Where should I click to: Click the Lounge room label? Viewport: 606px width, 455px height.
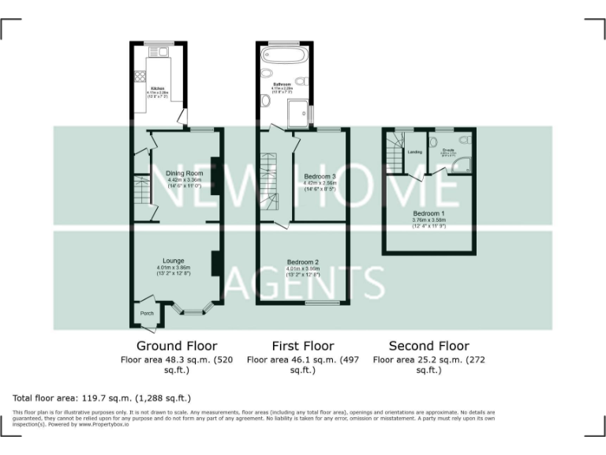[x=173, y=261]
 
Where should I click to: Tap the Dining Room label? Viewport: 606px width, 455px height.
[x=184, y=173]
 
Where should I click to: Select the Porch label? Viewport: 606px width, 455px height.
[x=147, y=314]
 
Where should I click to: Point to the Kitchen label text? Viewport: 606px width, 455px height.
[x=157, y=88]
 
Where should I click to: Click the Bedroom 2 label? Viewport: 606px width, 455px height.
[x=302, y=262]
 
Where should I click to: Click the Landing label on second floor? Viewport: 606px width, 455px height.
[x=414, y=152]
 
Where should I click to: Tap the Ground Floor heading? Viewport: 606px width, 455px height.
[x=177, y=346]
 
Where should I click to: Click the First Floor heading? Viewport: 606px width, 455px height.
[x=303, y=346]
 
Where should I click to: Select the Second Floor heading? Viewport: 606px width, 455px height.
[x=429, y=346]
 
